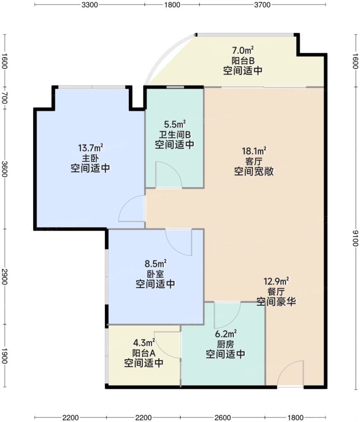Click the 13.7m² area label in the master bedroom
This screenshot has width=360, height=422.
[x=90, y=148]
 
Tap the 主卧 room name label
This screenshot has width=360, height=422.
[x=90, y=159]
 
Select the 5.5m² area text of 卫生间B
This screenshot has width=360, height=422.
[x=175, y=125]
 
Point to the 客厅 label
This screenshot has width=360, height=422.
[x=254, y=161]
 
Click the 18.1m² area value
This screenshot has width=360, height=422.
[x=254, y=151]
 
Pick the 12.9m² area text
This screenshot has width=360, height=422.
[x=276, y=281]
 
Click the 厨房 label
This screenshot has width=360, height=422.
[x=226, y=344]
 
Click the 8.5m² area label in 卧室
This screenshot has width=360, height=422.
[x=155, y=263]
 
